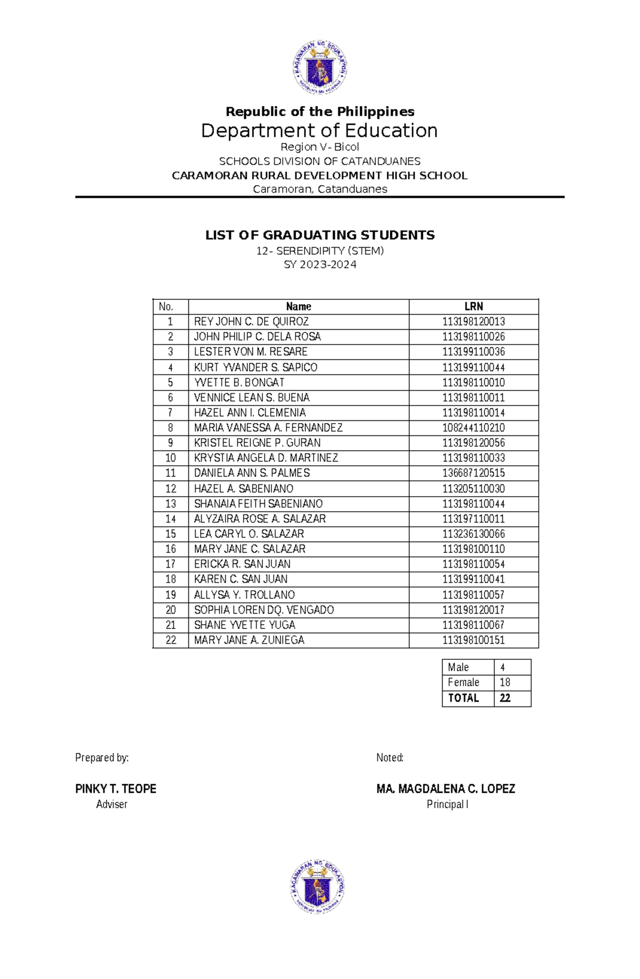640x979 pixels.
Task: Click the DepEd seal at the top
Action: pyautogui.click(x=319, y=68)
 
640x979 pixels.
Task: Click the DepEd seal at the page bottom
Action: pyautogui.click(x=318, y=886)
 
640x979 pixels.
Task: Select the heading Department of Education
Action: pyautogui.click(x=319, y=131)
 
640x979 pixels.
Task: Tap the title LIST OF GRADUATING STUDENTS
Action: pyautogui.click(x=320, y=235)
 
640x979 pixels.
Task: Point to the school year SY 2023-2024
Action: pyautogui.click(x=320, y=265)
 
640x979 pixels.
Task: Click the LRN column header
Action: pyautogui.click(x=474, y=307)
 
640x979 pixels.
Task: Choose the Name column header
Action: pyautogui.click(x=299, y=307)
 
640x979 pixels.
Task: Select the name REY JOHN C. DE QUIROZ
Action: pyautogui.click(x=251, y=322)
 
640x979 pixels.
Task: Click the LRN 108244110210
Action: pyautogui.click(x=474, y=428)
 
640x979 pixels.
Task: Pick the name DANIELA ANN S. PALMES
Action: pyautogui.click(x=252, y=473)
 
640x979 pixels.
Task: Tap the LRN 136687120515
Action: pyautogui.click(x=474, y=473)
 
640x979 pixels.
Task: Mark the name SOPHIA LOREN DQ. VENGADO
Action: pyautogui.click(x=264, y=610)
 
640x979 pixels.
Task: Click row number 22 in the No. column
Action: pyautogui.click(x=171, y=640)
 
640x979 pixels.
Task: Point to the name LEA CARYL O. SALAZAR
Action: pyautogui.click(x=249, y=534)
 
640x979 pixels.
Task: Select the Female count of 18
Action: pyautogui.click(x=505, y=682)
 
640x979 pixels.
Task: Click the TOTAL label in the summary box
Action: pyautogui.click(x=463, y=698)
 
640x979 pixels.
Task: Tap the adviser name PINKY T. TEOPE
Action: pyautogui.click(x=116, y=789)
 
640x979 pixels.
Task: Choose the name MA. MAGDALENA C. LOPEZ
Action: pyautogui.click(x=446, y=789)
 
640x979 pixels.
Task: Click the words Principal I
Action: pyautogui.click(x=447, y=805)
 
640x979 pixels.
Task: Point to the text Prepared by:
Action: pyautogui.click(x=102, y=758)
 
